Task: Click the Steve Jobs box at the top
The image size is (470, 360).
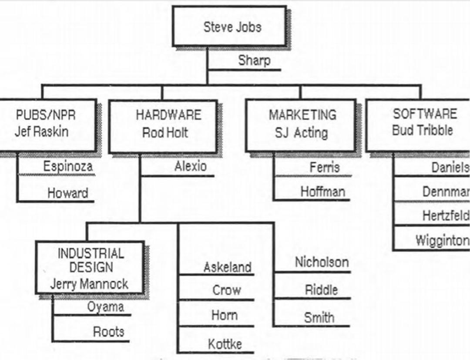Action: point(229,26)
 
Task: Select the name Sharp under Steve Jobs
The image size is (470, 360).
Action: point(254,61)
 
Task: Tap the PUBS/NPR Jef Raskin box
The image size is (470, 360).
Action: point(48,125)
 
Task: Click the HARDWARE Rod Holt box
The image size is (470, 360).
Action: point(163,126)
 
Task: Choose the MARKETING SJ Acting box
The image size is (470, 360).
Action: point(301,125)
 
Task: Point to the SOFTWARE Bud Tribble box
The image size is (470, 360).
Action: point(418,124)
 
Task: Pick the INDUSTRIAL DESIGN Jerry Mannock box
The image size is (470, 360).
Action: point(90,267)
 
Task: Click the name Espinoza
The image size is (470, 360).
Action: point(68,166)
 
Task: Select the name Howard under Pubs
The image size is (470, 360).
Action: point(68,193)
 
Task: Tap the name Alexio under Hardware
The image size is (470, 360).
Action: point(191,166)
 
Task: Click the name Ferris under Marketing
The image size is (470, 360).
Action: point(325,167)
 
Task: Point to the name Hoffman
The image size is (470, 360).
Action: point(323,192)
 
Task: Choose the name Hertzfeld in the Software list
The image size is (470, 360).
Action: point(446,215)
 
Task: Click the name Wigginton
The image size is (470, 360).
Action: point(443,240)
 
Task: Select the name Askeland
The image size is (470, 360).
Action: point(228,267)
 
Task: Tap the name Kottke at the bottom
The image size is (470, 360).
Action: point(225,344)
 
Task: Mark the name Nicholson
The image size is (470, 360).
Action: point(322,262)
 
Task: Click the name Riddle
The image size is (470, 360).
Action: point(321,290)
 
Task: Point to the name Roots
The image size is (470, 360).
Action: point(108,332)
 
